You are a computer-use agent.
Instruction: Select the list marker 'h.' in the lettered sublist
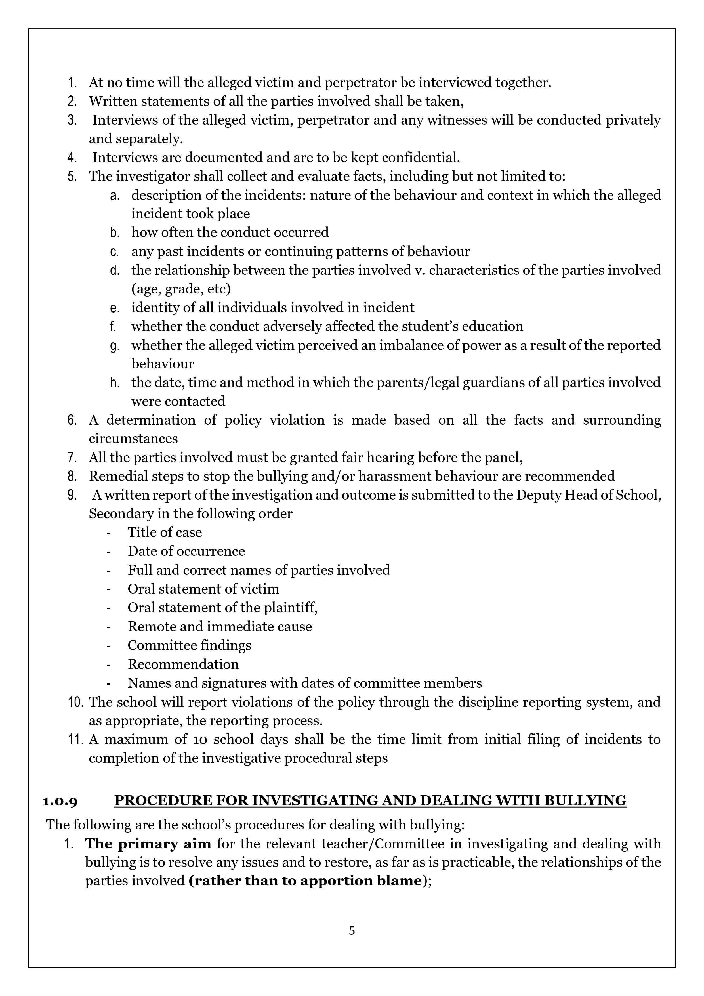click(x=115, y=383)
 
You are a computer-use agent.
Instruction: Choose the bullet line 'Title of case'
click(x=165, y=532)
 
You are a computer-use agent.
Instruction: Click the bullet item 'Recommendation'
click(x=183, y=664)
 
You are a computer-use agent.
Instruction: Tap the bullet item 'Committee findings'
click(x=190, y=645)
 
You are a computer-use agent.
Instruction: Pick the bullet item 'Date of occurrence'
click(x=186, y=551)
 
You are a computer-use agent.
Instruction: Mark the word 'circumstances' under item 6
click(x=133, y=439)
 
